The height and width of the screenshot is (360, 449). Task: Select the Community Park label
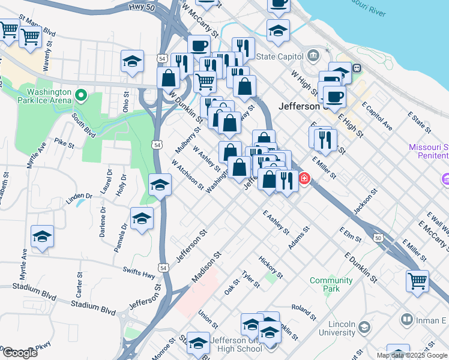tap(331, 284)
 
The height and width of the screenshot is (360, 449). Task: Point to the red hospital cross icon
tap(304, 179)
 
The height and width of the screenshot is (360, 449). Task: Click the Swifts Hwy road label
tap(139, 273)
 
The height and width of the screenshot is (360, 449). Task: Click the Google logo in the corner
tap(19, 352)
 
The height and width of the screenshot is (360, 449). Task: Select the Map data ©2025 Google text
tap(412, 355)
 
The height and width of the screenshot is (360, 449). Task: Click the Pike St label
tap(64, 143)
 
